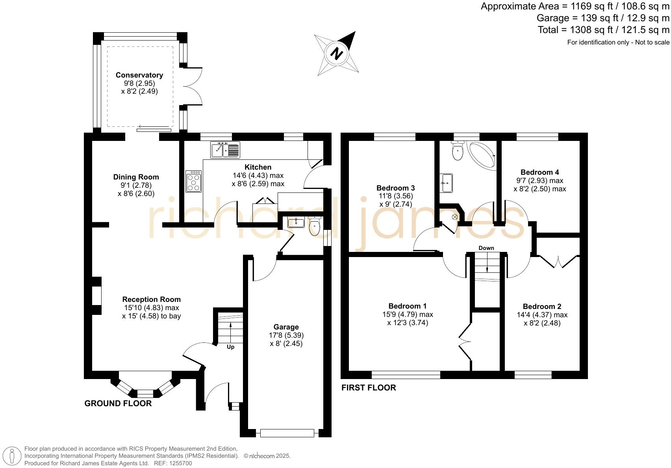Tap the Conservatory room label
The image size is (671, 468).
tap(139, 75)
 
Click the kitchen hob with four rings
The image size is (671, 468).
tap(193, 181)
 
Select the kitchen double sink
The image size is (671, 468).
tap(225, 150)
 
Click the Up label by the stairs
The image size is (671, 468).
tap(230, 347)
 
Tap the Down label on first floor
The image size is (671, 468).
tap(486, 248)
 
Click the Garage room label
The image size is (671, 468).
tap(286, 327)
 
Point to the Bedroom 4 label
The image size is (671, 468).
tap(539, 172)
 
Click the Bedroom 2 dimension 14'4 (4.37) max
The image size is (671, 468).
tap(542, 315)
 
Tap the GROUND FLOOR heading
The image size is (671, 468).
tap(118, 403)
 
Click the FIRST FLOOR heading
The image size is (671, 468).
tap(369, 388)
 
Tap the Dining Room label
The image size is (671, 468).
tap(136, 177)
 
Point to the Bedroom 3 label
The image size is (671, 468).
tap(395, 188)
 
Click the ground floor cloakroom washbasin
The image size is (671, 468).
tap(296, 223)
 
